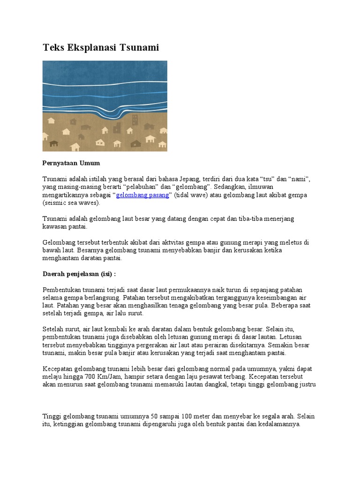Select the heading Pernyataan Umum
(71, 163)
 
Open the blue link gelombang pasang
(142, 195)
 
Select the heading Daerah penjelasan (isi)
(79, 273)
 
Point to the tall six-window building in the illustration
(135, 119)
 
